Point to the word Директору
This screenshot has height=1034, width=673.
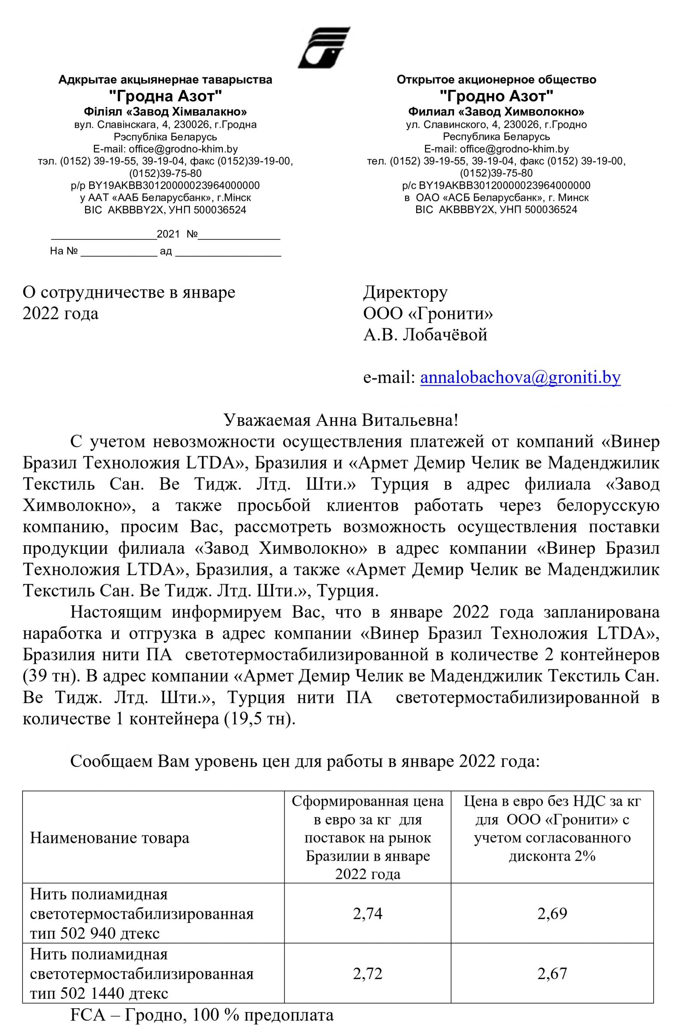(x=405, y=292)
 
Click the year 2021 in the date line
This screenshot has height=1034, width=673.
(x=168, y=234)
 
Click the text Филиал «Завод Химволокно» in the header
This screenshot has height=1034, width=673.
(x=496, y=112)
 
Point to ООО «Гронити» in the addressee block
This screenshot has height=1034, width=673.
(x=428, y=313)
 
